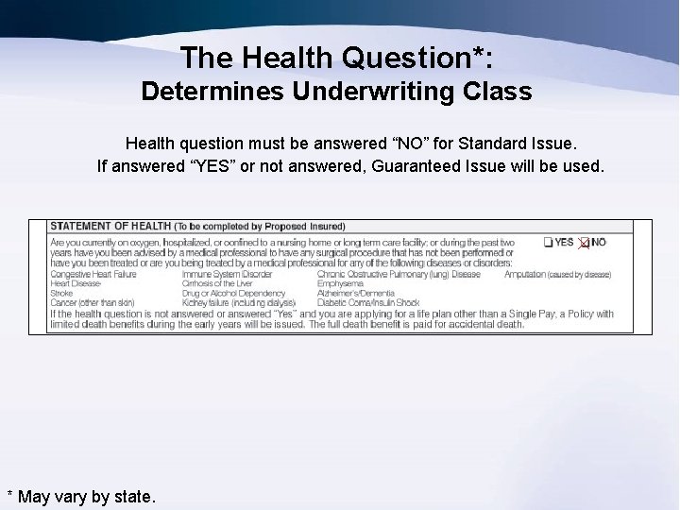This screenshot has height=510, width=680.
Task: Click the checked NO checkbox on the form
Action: tap(584, 243)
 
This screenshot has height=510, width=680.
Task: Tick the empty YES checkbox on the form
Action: tap(549, 243)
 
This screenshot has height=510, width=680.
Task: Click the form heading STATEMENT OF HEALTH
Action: tap(110, 227)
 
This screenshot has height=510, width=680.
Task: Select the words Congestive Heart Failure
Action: tap(93, 274)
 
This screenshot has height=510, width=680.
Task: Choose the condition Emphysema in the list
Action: tap(341, 283)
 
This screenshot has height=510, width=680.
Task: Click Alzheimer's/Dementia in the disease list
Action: tap(357, 293)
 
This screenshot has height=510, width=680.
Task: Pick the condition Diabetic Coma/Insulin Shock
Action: tap(368, 302)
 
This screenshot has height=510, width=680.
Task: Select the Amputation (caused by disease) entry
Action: tap(557, 274)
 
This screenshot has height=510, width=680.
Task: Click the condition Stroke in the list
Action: tap(61, 293)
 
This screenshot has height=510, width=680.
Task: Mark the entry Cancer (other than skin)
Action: tap(92, 302)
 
